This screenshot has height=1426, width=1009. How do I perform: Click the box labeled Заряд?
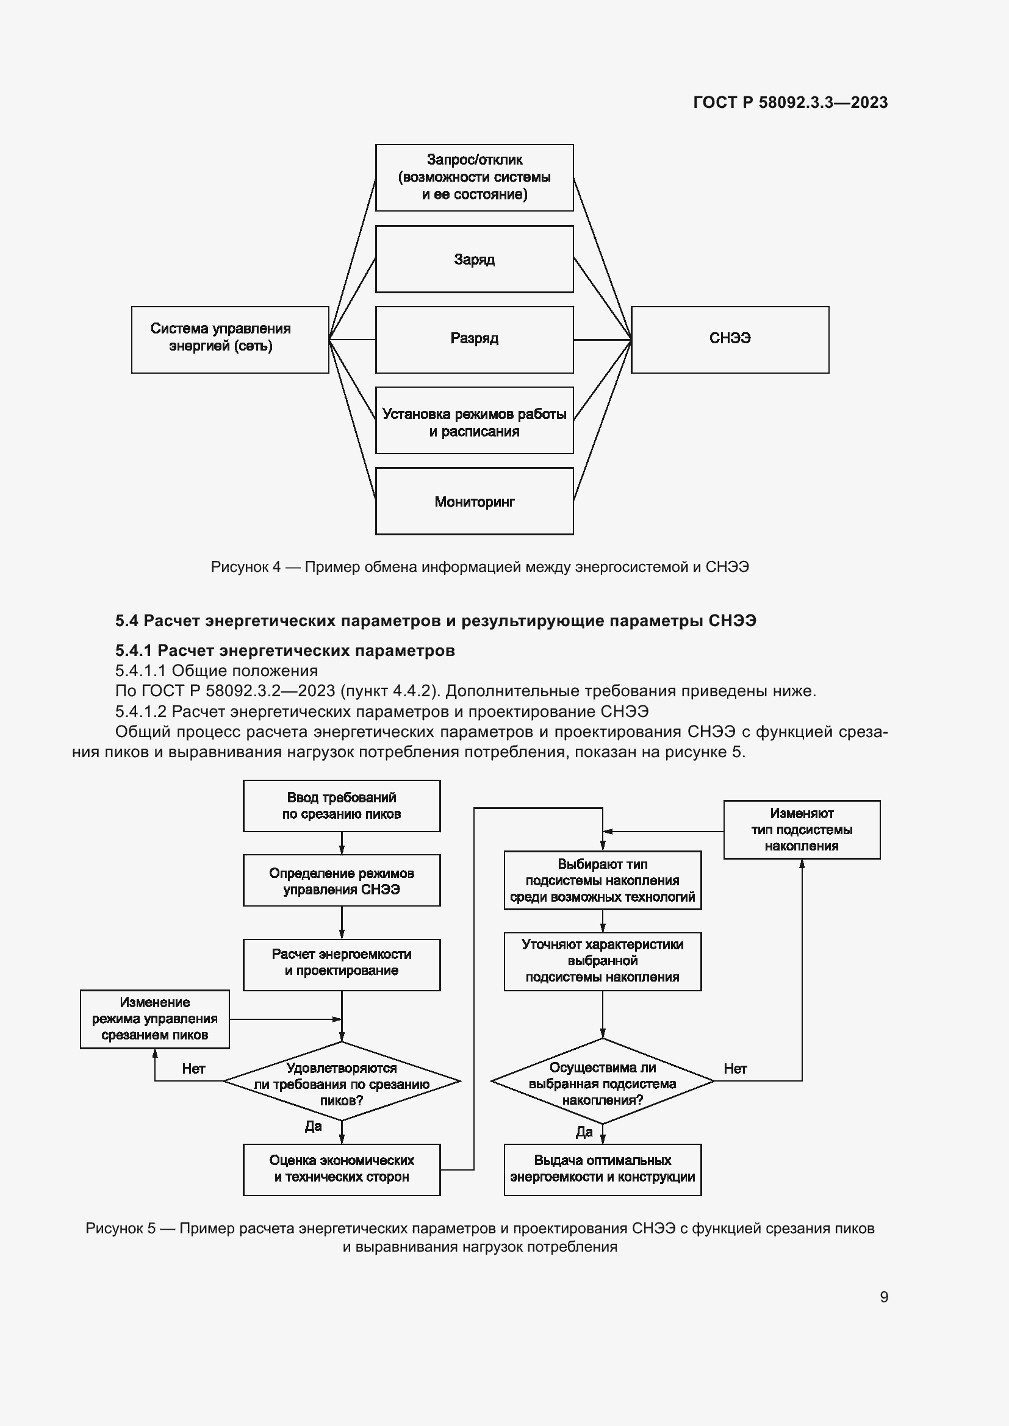[x=474, y=259]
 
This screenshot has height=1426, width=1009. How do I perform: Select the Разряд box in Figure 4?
[x=474, y=339]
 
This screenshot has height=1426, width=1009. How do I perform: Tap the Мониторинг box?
[x=474, y=501]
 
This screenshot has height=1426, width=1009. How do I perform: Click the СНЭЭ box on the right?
[x=730, y=339]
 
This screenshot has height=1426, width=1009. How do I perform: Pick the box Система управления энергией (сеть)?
[x=230, y=339]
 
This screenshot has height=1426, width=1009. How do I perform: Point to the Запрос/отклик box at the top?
[x=474, y=177]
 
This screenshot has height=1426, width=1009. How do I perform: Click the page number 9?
[x=883, y=1297]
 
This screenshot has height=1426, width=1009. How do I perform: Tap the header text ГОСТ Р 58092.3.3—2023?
[x=790, y=102]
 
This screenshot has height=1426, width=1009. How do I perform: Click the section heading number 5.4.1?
[x=134, y=651]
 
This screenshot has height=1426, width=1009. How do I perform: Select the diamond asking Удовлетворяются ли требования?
[x=342, y=1084]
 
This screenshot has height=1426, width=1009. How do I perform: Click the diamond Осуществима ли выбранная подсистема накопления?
[x=602, y=1083]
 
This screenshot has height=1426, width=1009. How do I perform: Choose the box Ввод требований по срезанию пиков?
[x=342, y=805]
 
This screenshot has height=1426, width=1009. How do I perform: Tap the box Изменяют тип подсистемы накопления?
[x=802, y=829]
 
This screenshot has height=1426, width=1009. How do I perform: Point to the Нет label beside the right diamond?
[x=735, y=1068]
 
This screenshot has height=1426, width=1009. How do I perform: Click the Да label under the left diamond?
[x=313, y=1126]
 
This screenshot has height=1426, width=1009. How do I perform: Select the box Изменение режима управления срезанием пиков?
[x=155, y=1019]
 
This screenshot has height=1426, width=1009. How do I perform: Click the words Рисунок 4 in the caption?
[x=245, y=567]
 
